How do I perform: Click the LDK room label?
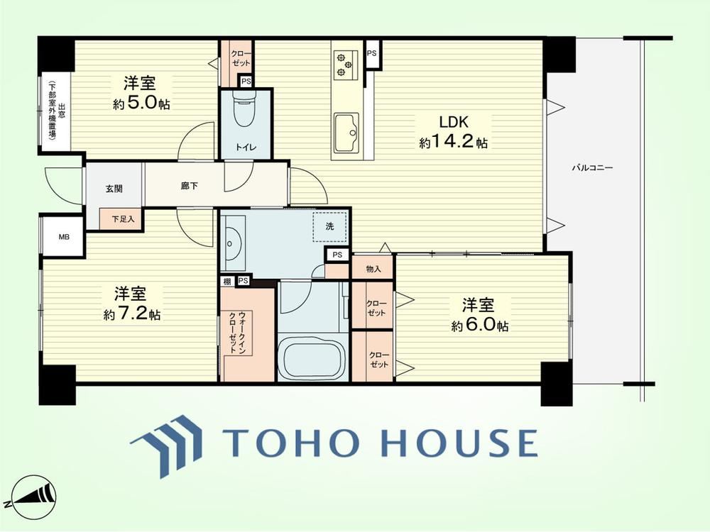453,122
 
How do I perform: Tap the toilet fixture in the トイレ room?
245,109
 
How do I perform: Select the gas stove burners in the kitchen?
344,63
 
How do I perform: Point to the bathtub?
312,358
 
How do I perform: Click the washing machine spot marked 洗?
329,227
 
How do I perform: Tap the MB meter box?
64,237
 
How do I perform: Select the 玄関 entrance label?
114,189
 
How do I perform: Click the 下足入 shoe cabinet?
121,219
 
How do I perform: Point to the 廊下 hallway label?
190,185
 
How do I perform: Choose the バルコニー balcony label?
592,168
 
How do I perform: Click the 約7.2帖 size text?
132,314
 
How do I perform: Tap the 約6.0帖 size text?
479,326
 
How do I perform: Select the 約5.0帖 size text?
142,104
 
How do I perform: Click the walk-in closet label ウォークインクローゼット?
236,332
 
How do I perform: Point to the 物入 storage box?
373,269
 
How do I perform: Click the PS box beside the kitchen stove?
372,54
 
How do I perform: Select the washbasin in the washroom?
233,243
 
